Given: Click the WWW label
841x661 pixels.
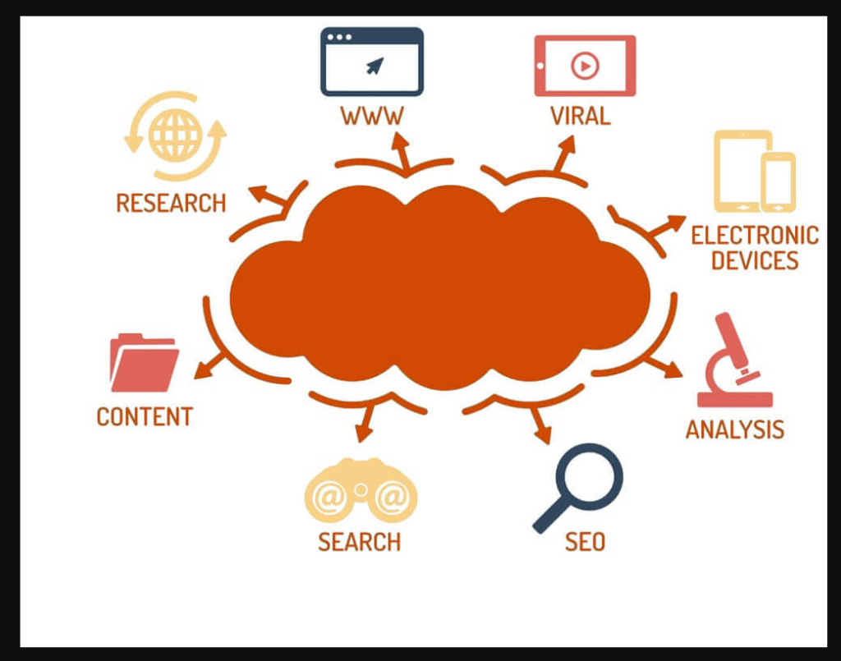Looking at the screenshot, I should click(372, 116).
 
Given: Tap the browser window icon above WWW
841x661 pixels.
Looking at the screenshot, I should click(372, 62).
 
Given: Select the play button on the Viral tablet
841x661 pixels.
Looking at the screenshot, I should click(585, 65).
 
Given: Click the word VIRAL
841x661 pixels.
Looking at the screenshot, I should click(581, 116).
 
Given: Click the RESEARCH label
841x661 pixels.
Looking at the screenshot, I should click(171, 203).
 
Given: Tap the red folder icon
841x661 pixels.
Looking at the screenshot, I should click(145, 363).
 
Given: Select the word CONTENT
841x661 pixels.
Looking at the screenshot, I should click(145, 416).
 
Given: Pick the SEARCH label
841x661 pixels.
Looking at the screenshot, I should click(360, 542).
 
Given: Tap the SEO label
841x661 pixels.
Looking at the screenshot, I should click(585, 542).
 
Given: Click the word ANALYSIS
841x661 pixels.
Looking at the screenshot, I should click(735, 429).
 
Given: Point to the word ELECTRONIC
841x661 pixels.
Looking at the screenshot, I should click(755, 236).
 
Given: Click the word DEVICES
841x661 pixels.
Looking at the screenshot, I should click(755, 261).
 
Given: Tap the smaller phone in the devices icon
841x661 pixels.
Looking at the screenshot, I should click(778, 181).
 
